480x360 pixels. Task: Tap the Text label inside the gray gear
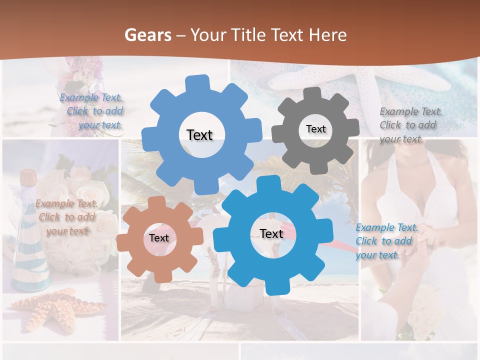(315, 129)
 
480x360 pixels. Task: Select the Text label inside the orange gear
(158, 238)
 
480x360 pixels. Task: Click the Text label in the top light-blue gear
(199, 135)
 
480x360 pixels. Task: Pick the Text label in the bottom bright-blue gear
(271, 233)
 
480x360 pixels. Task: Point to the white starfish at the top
(370, 80)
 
